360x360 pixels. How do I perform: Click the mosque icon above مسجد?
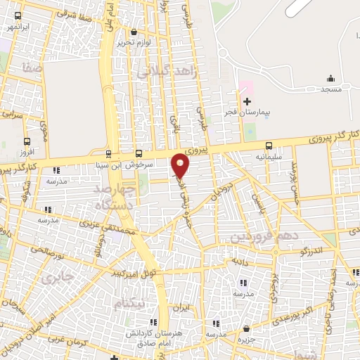pyautogui.click(x=330, y=78)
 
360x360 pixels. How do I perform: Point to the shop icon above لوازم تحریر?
pyautogui.click(x=134, y=31)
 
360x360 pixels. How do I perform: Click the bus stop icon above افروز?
pyautogui.click(x=27, y=141)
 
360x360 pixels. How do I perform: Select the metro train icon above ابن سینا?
pyautogui.click(x=108, y=153)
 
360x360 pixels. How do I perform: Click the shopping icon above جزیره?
pyautogui.click(x=246, y=328)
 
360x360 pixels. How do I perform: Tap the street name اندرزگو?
pyautogui.click(x=310, y=249)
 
